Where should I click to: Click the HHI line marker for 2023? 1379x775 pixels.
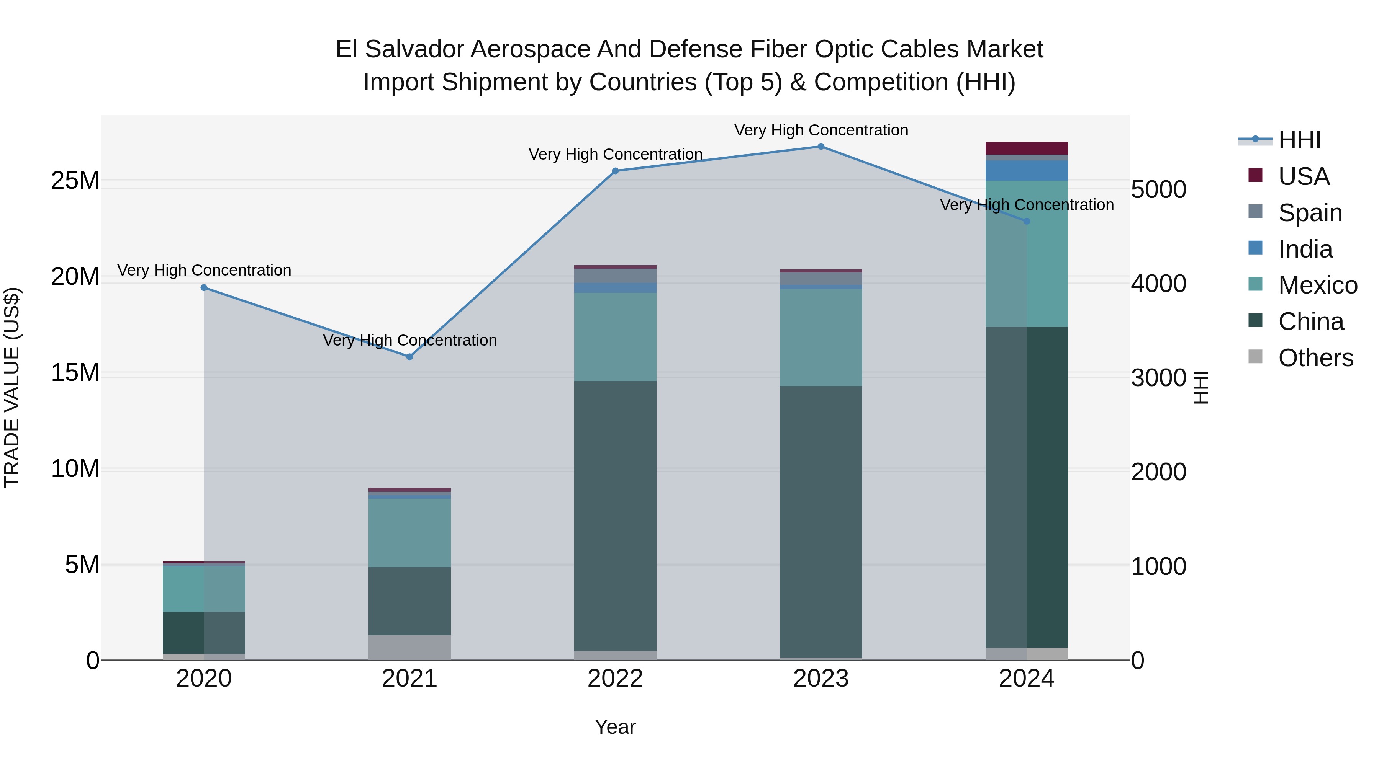point(821,147)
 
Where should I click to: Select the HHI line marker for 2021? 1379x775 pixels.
point(409,357)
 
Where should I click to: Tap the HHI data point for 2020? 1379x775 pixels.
point(204,288)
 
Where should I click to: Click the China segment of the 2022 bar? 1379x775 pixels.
point(615,516)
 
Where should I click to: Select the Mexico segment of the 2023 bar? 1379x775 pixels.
point(821,338)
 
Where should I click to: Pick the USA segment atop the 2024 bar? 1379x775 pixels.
point(1026,148)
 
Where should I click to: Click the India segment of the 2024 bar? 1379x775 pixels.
point(1026,171)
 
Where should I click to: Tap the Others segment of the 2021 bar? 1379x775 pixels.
point(409,647)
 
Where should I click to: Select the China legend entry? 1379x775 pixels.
point(1310,321)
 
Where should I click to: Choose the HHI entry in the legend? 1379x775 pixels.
point(1299,140)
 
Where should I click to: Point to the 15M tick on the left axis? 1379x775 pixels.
point(75,373)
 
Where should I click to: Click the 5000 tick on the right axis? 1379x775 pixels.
point(1158,190)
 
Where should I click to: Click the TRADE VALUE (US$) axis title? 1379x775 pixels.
point(12,387)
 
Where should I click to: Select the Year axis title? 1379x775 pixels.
point(615,727)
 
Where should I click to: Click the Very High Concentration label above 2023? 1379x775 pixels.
point(821,130)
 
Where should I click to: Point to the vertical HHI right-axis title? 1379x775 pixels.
point(1201,387)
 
